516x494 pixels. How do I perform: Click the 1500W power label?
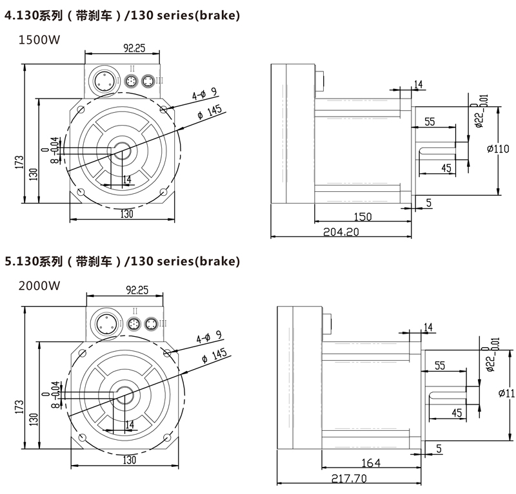tap(39, 40)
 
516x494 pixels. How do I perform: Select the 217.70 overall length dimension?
tap(348, 479)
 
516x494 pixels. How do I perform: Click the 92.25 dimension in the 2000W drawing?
tap(135, 290)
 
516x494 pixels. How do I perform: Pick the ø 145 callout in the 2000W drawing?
tap(213, 354)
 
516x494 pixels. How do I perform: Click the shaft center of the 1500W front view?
tap(121, 152)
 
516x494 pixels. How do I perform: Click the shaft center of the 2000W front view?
tap(123, 395)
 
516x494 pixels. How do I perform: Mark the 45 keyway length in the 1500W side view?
tap(445, 167)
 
